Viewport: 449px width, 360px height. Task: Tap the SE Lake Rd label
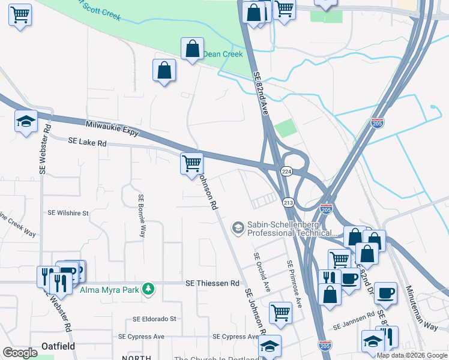[x=87, y=143]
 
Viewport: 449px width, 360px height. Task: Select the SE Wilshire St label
[x=68, y=213]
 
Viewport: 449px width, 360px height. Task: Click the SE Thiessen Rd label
[x=212, y=283]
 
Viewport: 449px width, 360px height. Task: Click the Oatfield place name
[x=58, y=346]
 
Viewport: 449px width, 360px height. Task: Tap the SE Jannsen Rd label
[x=354, y=323]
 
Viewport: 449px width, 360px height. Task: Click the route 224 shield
[x=287, y=171]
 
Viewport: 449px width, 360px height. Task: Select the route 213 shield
[x=288, y=202]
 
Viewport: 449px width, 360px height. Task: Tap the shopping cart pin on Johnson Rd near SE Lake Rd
[x=191, y=163]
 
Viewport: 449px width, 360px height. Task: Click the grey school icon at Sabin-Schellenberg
[x=238, y=227]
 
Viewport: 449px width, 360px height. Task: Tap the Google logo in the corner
[x=20, y=353]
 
